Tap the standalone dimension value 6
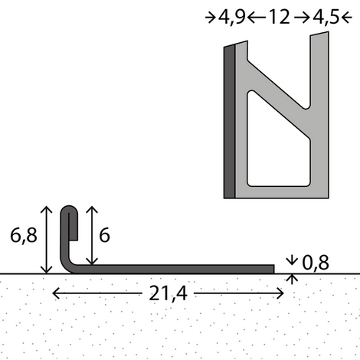pyautogui.click(x=104, y=236)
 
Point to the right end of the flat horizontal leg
pyautogui.click(x=272, y=268)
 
